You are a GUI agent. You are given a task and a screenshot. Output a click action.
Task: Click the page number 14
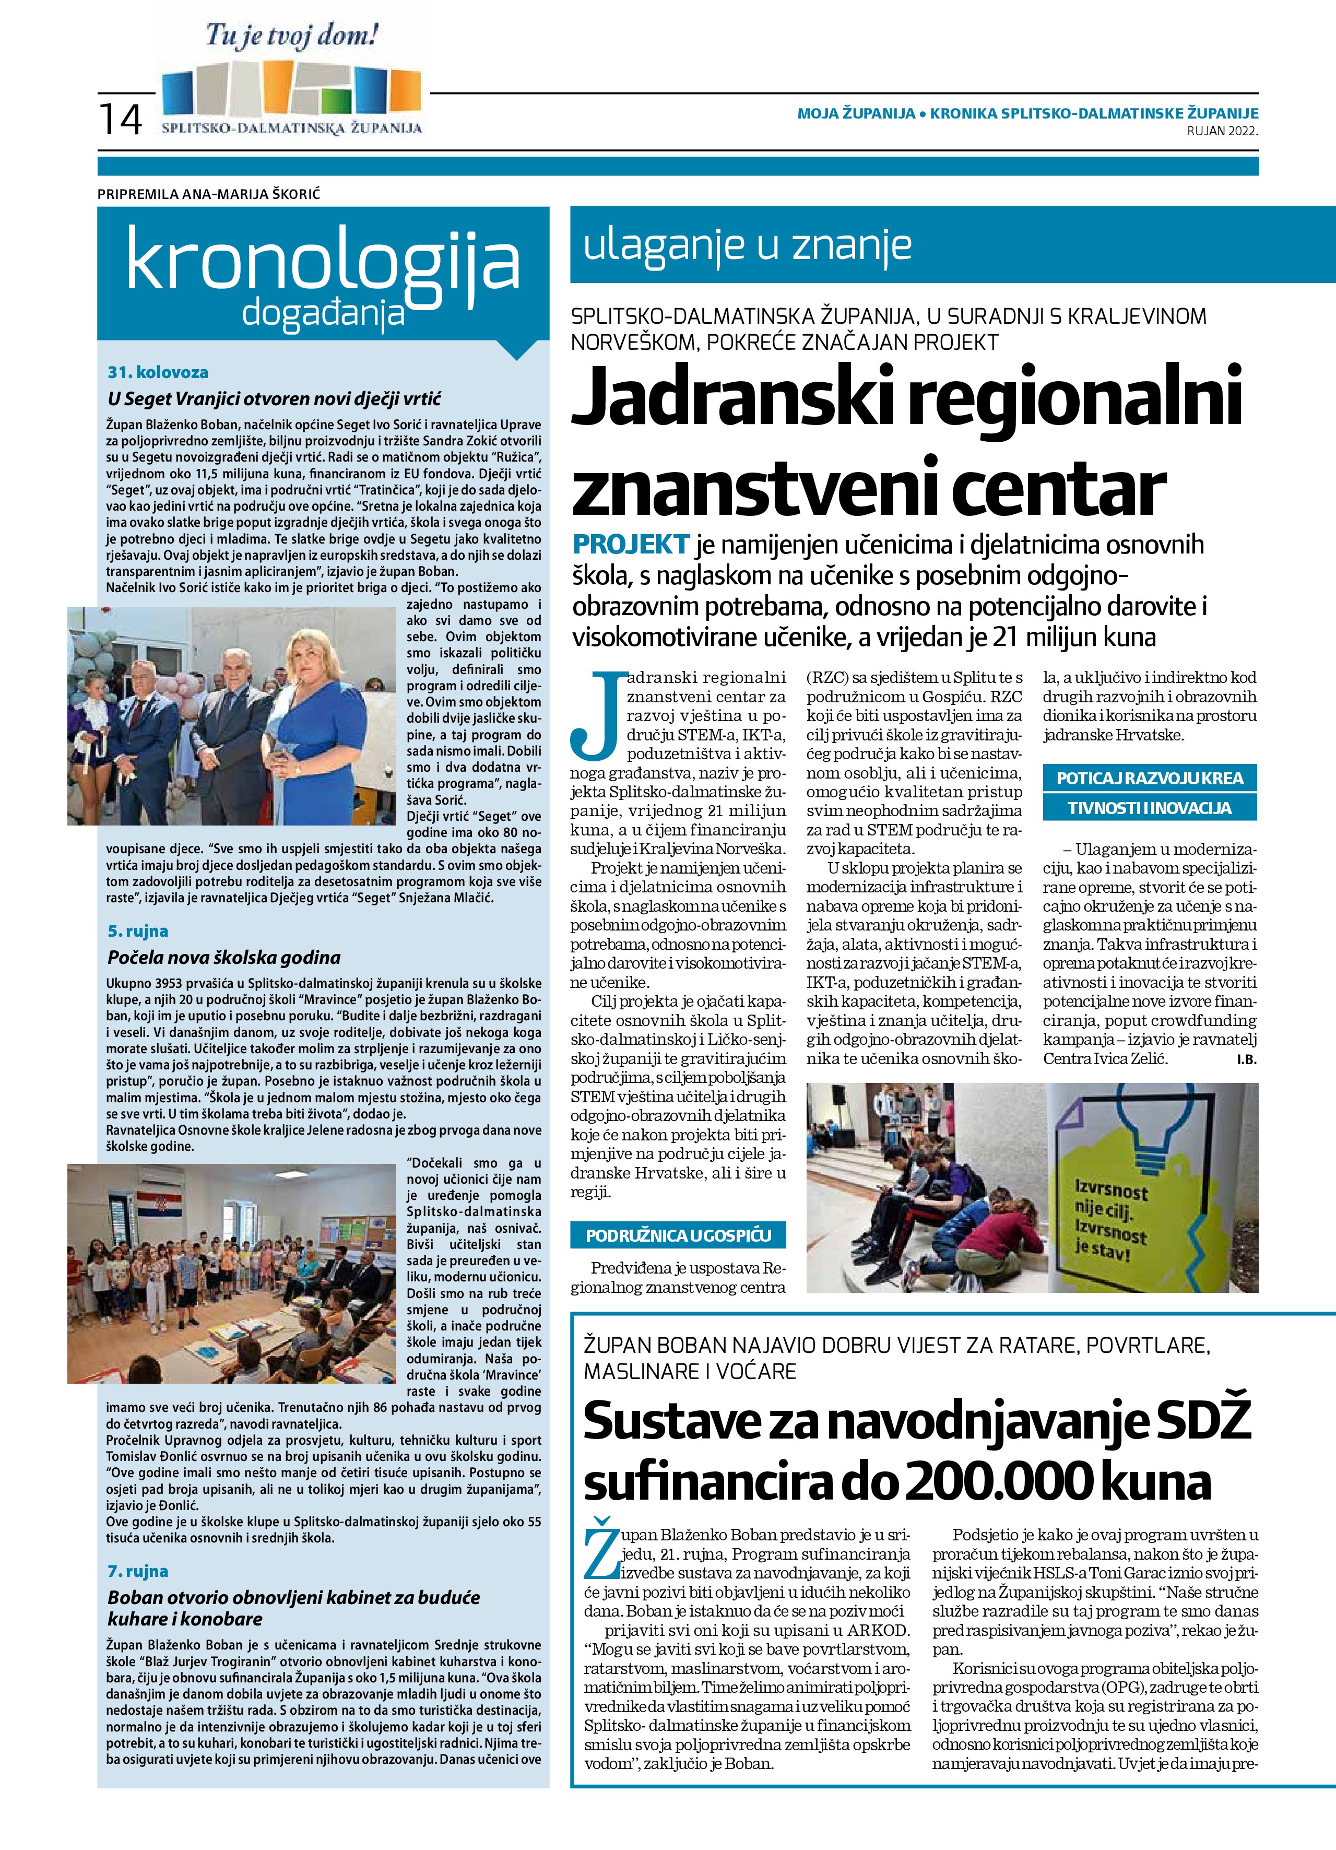coord(121,119)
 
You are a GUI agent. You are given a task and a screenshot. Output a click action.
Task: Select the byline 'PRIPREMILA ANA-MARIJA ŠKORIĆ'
coord(215,194)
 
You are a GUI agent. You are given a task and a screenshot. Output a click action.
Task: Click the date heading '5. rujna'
coord(138,930)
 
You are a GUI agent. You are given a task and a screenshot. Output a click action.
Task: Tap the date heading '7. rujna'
coord(138,1571)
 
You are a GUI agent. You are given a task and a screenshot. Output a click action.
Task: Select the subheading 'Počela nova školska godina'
coord(224,958)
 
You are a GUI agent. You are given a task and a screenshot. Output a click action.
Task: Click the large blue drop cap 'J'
coord(595,714)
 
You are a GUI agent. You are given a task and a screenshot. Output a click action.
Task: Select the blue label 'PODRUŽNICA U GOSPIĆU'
coord(678,1236)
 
